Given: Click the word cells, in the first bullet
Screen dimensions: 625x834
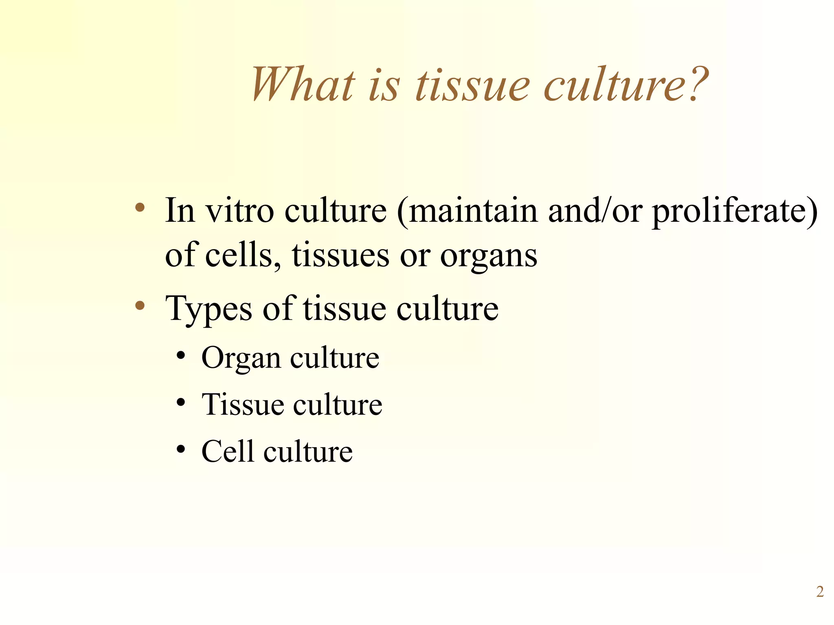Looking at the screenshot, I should (x=243, y=256).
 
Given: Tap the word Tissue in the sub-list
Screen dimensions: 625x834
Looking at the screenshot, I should (x=242, y=405).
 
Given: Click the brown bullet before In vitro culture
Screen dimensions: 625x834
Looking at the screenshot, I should (x=140, y=208).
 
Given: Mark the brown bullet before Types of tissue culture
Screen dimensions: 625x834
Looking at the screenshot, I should (x=140, y=305).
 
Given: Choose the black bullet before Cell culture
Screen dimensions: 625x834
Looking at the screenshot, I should (x=181, y=449).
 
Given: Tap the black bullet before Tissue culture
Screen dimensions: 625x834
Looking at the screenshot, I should (x=181, y=402).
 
